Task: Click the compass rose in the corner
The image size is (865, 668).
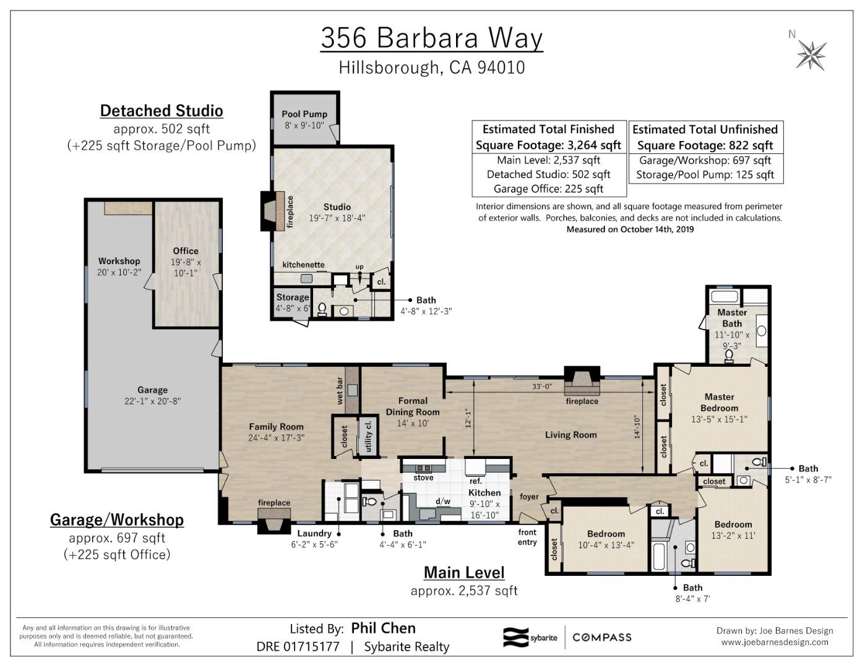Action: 811,54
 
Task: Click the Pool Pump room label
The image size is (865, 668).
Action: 304,114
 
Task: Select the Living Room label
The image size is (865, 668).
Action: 570,435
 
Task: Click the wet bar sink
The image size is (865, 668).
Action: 352,390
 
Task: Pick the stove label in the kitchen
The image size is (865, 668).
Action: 423,477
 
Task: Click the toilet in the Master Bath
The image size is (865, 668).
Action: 729,355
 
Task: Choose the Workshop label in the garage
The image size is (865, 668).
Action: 119,261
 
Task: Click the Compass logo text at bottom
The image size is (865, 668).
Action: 601,637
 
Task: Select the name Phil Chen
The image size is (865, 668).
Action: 383,628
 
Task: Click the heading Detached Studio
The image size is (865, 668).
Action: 161,111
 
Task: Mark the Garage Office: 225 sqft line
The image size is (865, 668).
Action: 548,189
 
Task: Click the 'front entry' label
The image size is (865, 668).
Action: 527,537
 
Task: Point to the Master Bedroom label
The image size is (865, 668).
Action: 719,402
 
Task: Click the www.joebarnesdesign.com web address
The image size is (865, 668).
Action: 774,642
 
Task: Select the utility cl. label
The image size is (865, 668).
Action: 369,436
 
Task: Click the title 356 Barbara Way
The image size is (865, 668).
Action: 431,38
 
